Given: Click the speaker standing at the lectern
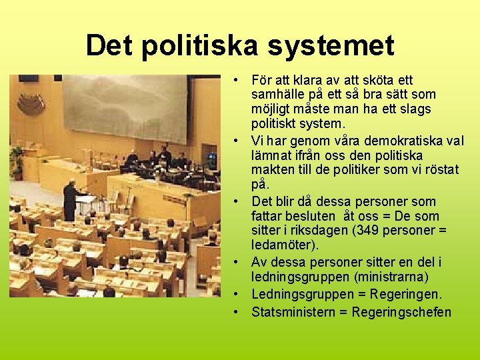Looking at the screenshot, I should pos(71,200).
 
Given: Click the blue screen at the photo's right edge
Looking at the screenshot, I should pos(212,161).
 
